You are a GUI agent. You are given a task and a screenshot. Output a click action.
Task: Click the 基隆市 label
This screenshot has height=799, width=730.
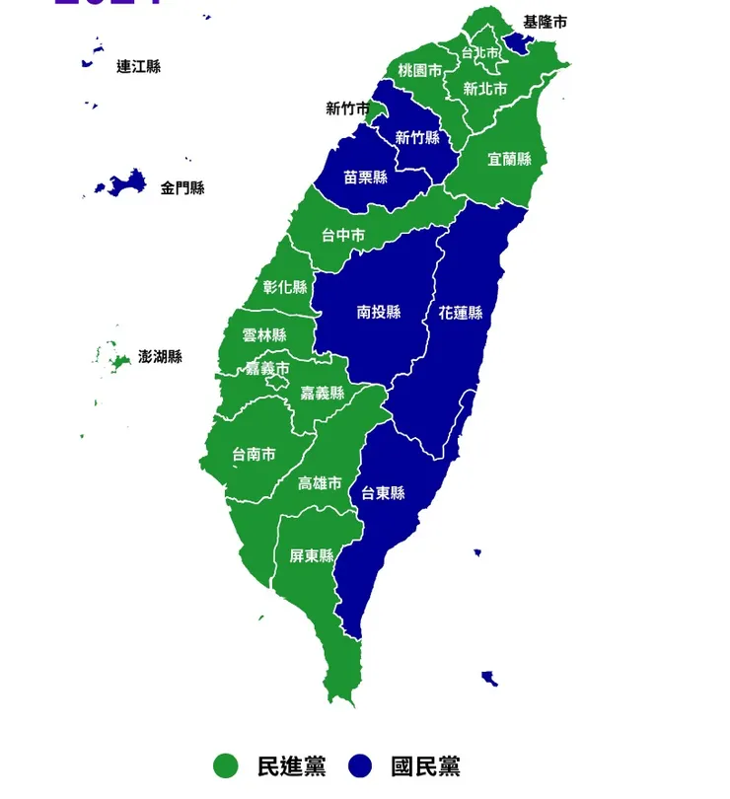point(546,22)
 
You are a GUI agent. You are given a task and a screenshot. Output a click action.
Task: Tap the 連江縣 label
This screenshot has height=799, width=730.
point(138,67)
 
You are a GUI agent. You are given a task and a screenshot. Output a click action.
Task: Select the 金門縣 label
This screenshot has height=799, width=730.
point(182,187)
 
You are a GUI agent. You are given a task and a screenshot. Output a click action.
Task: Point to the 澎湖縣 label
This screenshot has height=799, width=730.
point(161,356)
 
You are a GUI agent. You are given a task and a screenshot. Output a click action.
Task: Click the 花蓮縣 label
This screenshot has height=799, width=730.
point(461,313)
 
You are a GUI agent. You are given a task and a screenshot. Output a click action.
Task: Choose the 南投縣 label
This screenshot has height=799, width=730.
point(379,313)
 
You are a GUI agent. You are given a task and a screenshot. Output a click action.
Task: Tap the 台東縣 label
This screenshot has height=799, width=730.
point(383,493)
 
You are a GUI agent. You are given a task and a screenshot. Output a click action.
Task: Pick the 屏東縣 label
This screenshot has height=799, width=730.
point(311,555)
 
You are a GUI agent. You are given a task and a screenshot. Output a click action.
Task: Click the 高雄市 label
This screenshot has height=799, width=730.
point(320,483)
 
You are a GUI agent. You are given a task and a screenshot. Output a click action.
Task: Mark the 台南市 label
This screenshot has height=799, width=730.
point(254,455)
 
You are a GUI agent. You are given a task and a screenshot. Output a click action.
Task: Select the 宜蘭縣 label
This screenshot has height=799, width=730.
point(510,159)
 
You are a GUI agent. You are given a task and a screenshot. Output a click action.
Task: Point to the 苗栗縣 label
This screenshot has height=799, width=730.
point(366,178)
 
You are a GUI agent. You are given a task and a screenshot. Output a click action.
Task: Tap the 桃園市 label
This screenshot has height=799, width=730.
point(420,71)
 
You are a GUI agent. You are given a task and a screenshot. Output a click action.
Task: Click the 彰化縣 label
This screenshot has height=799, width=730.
point(285,287)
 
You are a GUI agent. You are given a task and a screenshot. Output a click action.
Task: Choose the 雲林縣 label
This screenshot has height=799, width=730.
point(264,334)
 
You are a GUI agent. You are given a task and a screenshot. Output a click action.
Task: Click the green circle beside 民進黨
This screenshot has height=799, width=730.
point(226,765)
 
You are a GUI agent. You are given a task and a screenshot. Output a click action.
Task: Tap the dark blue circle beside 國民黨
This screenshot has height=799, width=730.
point(362,765)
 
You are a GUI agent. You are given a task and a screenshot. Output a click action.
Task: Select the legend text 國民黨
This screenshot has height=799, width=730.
point(425,765)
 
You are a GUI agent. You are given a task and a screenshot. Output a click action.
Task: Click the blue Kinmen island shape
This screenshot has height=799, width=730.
point(125,182)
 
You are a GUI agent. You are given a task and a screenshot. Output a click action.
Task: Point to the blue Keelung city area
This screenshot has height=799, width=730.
point(515,42)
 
